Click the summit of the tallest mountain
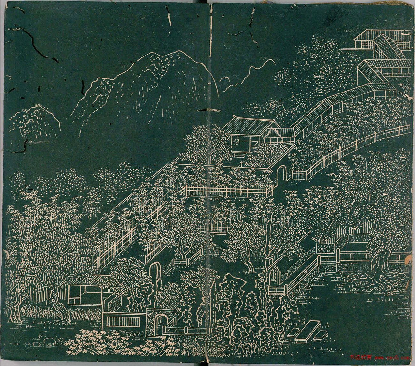click(172, 53)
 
